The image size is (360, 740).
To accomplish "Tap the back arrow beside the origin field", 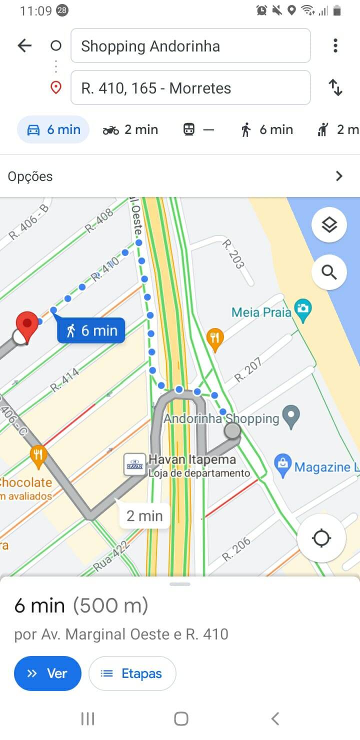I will click(24, 46).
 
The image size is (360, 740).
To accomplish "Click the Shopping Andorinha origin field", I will click(190, 46).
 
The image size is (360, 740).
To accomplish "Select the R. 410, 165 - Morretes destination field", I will click(190, 88).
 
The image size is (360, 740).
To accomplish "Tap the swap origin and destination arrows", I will click(335, 88).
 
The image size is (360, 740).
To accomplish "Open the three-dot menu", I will click(335, 46).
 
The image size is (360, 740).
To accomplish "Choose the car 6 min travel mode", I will click(53, 130).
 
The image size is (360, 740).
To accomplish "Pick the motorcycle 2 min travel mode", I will click(130, 130).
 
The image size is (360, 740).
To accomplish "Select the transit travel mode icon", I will click(189, 130).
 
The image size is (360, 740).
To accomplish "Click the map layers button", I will click(329, 225).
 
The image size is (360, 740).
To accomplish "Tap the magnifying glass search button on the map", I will click(329, 272).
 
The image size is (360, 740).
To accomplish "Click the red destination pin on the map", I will click(27, 325).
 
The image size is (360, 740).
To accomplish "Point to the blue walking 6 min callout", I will click(91, 330).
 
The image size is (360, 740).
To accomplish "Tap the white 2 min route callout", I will click(144, 515).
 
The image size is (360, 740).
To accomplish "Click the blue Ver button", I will click(47, 673).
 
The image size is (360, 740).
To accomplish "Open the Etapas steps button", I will click(132, 673).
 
